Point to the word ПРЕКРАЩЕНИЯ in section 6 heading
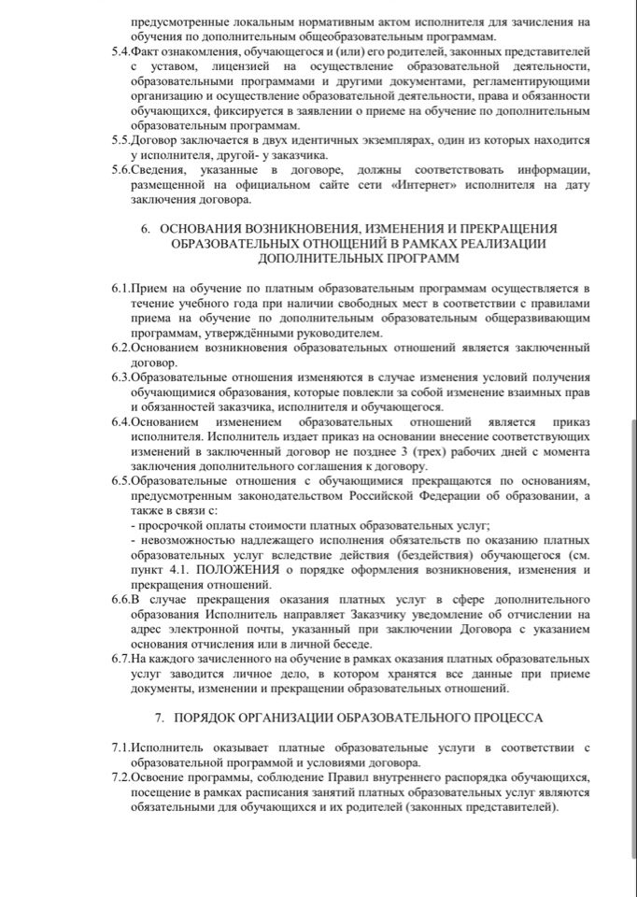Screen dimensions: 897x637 [x=504, y=228]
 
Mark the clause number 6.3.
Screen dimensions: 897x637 [x=120, y=377]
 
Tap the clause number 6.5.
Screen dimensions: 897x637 [x=120, y=479]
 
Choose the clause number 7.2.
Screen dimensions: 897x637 [x=120, y=777]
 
